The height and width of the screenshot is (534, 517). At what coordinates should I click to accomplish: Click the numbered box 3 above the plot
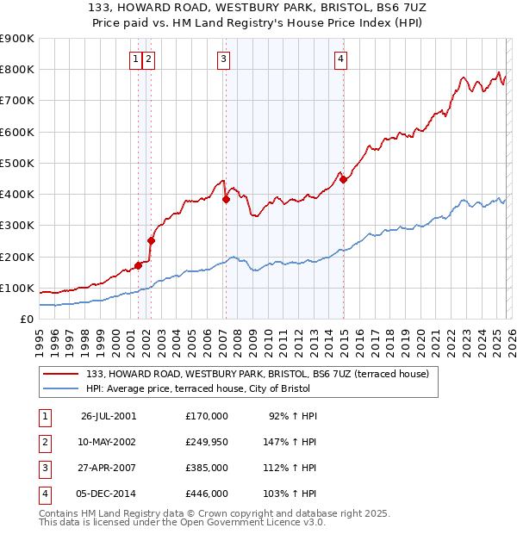point(223,59)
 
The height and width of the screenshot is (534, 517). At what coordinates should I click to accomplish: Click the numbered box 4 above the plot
point(341,59)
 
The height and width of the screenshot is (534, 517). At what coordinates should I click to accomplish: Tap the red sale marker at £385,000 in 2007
point(226,199)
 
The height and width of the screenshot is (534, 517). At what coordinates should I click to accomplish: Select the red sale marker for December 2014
point(343,179)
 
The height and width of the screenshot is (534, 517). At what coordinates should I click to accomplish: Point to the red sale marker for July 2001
point(138,265)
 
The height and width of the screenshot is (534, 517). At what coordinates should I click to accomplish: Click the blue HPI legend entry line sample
point(61,388)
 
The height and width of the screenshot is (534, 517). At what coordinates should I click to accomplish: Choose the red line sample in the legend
point(61,374)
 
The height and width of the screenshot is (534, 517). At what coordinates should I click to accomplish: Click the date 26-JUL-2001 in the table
point(109,416)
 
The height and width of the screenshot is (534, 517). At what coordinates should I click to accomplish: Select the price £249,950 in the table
point(207,442)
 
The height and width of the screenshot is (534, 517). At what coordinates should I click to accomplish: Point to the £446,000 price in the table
point(207,494)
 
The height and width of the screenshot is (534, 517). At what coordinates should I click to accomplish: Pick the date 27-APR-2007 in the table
point(109,469)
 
